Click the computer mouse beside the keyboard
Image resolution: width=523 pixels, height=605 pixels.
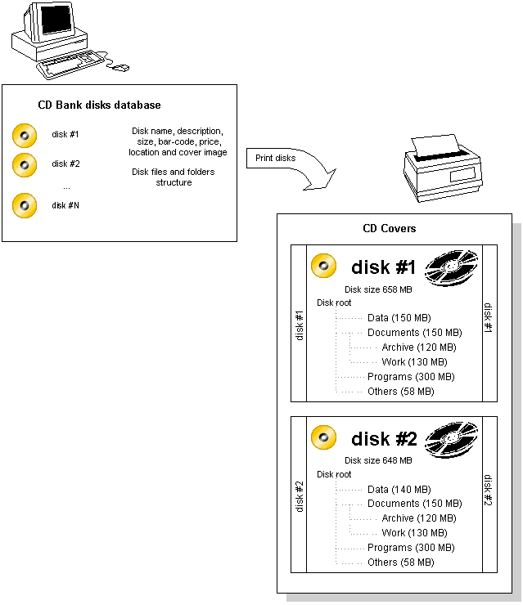[120, 67]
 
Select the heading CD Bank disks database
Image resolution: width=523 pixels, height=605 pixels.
[99, 105]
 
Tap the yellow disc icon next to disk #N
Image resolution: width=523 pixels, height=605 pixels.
[25, 205]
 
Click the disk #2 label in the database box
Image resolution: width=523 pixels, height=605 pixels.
[65, 164]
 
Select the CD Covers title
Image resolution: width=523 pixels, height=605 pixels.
[390, 228]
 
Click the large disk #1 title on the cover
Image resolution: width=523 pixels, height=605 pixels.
[384, 267]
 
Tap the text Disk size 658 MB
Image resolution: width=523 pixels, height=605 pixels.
[378, 289]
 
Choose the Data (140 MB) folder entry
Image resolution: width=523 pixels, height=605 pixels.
[399, 489]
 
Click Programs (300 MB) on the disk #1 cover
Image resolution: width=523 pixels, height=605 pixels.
[410, 377]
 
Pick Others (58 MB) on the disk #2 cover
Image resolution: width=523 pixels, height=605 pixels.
[400, 562]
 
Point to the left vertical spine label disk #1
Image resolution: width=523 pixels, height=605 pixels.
[299, 325]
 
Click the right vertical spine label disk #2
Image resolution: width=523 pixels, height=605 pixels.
[488, 491]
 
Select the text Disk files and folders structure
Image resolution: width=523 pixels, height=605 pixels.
[174, 177]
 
